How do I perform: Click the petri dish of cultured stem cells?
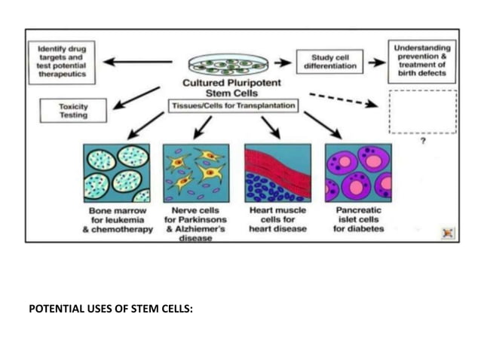tap(228, 63)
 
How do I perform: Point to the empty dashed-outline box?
tap(422, 111)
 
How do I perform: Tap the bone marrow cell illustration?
tap(116, 172)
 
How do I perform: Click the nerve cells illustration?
tap(195, 172)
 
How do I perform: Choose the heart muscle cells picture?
tap(277, 172)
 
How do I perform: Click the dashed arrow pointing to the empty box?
tap(343, 100)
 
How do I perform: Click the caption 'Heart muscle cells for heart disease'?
tap(277, 219)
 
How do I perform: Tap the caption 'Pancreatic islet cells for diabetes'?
tap(358, 219)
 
